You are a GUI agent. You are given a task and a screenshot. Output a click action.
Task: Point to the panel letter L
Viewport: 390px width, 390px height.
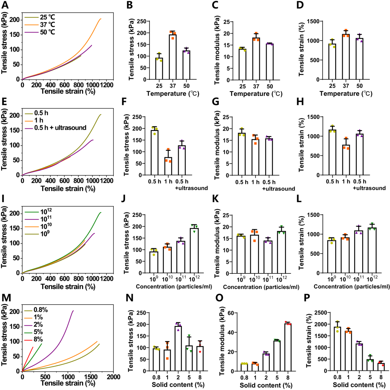[304, 200]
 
